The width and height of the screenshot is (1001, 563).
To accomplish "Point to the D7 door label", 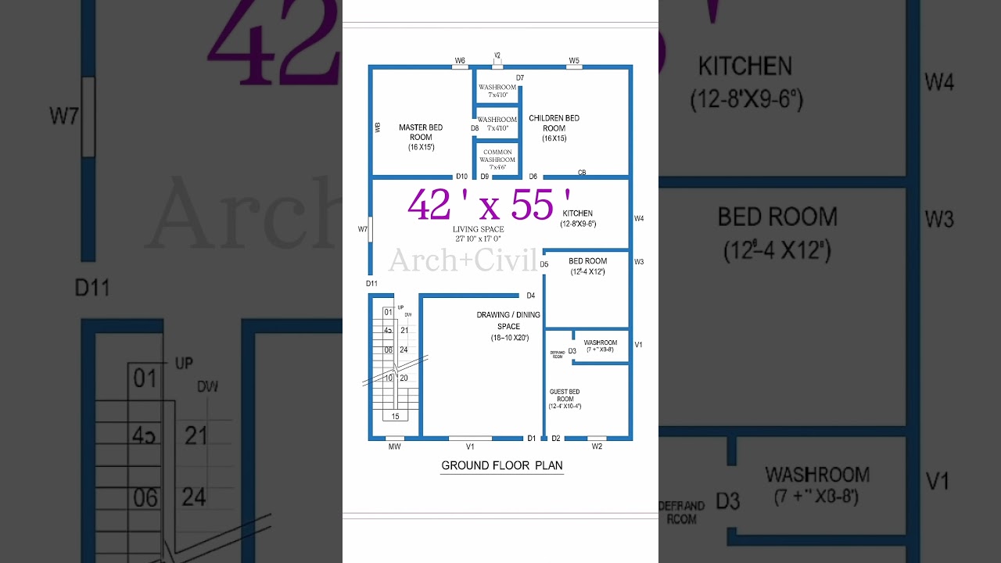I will click(x=520, y=78).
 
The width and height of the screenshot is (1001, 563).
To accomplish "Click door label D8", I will click(x=475, y=128).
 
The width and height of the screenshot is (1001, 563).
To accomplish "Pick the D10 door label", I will click(x=461, y=177).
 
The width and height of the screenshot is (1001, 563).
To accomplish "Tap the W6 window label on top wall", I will click(x=460, y=60).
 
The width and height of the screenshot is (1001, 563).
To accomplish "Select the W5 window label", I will click(x=574, y=60).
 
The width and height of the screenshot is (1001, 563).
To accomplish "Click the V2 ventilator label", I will click(x=497, y=56).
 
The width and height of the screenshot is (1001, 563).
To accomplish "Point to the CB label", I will click(x=582, y=172).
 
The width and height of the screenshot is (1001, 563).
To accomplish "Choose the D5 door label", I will click(x=544, y=264).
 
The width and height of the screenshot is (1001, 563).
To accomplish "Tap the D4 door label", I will click(x=530, y=296).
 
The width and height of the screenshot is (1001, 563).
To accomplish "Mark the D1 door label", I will click(x=532, y=439).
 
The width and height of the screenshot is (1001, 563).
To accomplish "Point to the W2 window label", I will click(x=597, y=446).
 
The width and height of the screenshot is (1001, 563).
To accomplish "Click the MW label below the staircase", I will click(x=395, y=446).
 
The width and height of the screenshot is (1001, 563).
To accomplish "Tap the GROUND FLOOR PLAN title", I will click(x=502, y=465).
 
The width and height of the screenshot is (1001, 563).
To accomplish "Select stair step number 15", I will click(x=395, y=417).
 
